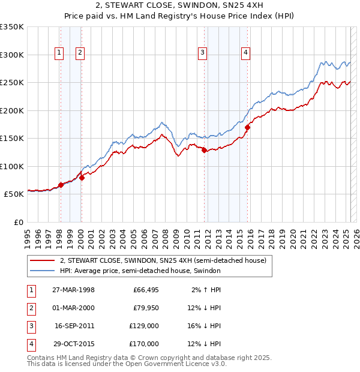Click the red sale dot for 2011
click(204, 151)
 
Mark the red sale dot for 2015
click(248, 127)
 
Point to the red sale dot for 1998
click(61, 185)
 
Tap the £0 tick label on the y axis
click(19, 222)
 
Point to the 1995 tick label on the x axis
click(27, 234)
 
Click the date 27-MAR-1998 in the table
click(74, 290)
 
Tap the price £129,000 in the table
click(145, 326)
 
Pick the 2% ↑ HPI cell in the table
click(206, 290)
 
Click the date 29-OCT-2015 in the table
click(74, 344)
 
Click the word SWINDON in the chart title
click(203, 5)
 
